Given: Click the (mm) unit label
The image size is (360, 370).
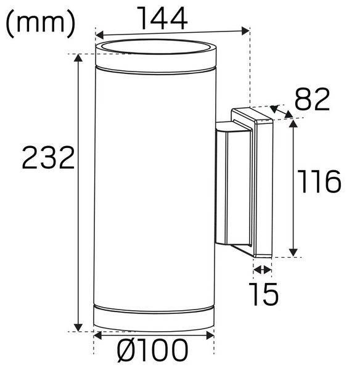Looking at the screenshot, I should pyautogui.click(x=40, y=23).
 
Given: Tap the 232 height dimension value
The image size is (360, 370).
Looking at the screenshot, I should pyautogui.click(x=48, y=158).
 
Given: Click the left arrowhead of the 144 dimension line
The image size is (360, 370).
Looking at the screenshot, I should pyautogui.click(x=99, y=35).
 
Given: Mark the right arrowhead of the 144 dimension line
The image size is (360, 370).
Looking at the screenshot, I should pyautogui.click(x=246, y=29).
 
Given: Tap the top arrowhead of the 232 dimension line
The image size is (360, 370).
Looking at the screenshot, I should pyautogui.click(x=78, y=58).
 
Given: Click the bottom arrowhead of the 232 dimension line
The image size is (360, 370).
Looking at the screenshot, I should pyautogui.click(x=78, y=327).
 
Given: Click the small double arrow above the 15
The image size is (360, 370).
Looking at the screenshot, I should pyautogui.click(x=262, y=269).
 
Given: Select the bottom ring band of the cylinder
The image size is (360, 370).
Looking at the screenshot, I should pyautogui.click(x=154, y=316).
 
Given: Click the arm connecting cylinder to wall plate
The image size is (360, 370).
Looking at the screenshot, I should pyautogui.click(x=228, y=185).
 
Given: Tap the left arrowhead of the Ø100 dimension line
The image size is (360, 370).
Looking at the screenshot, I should pyautogui.click(x=97, y=335).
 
